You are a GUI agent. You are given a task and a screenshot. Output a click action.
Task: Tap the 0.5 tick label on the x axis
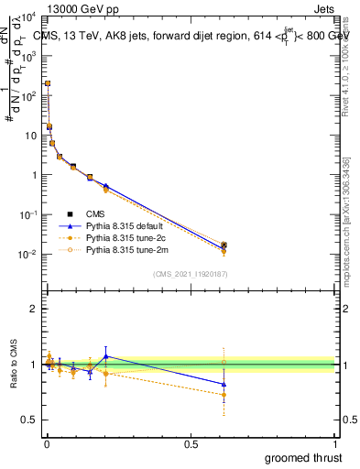pos(191,442)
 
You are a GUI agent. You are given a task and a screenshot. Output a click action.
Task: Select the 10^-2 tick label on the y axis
pos(28,255)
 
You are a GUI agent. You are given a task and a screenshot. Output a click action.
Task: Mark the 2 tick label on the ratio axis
pos(34,310)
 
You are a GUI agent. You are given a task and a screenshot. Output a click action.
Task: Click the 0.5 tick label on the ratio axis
pos(30,420)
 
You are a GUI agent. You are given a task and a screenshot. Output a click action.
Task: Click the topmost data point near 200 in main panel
pos(48,83)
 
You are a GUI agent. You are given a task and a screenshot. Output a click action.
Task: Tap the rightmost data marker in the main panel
pos(224,245)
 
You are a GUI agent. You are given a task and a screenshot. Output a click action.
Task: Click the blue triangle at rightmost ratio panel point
pos(224,385)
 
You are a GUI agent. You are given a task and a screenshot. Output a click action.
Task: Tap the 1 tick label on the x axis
pos(335,442)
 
